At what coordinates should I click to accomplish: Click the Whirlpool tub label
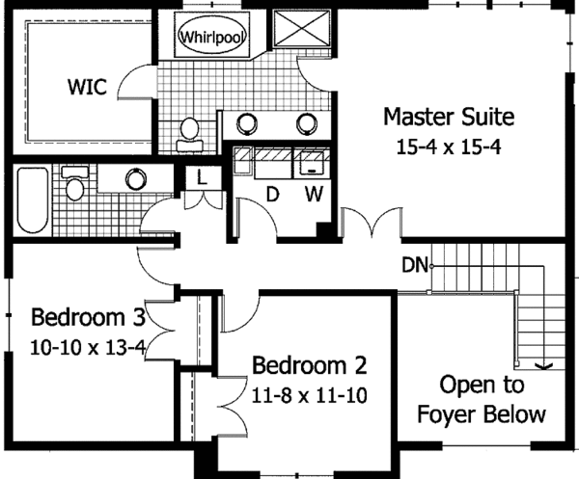pyautogui.click(x=212, y=37)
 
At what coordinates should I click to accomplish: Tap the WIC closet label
pyautogui.click(x=87, y=87)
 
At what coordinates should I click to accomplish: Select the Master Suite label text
pyautogui.click(x=449, y=117)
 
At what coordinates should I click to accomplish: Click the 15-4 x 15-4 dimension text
pyautogui.click(x=449, y=147)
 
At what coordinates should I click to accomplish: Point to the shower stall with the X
pyautogui.click(x=301, y=29)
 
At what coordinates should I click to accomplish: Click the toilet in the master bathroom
pyautogui.click(x=189, y=135)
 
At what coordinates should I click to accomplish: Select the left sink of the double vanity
pyautogui.click(x=246, y=123)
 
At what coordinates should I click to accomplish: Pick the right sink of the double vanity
pyautogui.click(x=307, y=123)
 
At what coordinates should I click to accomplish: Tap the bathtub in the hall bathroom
pyautogui.click(x=33, y=200)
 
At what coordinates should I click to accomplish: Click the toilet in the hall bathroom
pyautogui.click(x=75, y=183)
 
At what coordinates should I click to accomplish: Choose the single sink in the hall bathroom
pyautogui.click(x=136, y=179)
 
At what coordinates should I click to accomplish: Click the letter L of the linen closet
pyautogui.click(x=202, y=178)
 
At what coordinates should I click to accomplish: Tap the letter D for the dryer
pyautogui.click(x=272, y=194)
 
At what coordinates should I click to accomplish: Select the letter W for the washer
pyautogui.click(x=314, y=194)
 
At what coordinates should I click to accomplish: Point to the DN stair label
pyautogui.click(x=414, y=265)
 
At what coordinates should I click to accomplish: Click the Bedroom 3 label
pyautogui.click(x=88, y=317)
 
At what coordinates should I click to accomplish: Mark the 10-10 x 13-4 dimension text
pyautogui.click(x=88, y=347)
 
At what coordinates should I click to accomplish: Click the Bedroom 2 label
pyautogui.click(x=310, y=365)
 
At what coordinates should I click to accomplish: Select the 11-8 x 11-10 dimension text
pyautogui.click(x=310, y=396)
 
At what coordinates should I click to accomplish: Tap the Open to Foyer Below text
pyautogui.click(x=482, y=399)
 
